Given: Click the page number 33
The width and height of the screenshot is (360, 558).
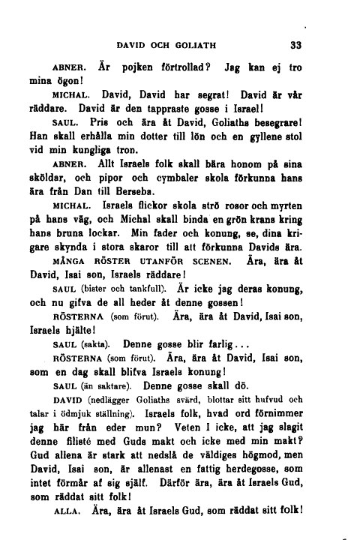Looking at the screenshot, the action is [295, 44].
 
